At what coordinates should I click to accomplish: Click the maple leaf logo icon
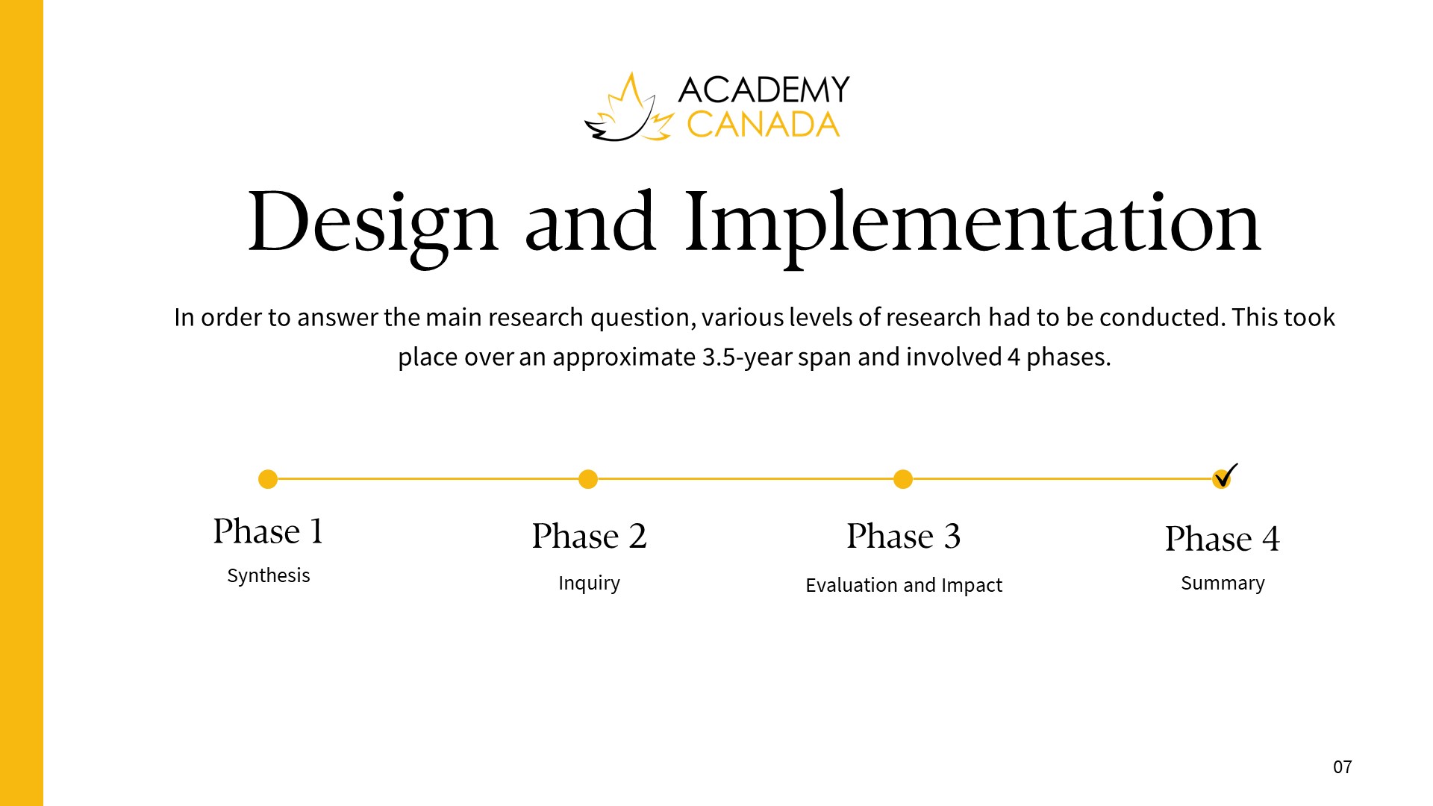(629, 108)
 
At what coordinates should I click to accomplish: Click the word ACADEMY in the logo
(764, 90)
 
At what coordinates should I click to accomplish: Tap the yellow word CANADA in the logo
(763, 125)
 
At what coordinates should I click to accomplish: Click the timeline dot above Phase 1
(268, 479)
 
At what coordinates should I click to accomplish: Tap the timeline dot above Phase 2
(588, 479)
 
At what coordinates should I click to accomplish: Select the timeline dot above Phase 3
(903, 479)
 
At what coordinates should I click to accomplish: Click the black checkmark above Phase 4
(1226, 475)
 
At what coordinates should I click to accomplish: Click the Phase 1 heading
(268, 531)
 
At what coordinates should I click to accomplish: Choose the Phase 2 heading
(589, 536)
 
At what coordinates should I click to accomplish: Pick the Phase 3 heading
(904, 536)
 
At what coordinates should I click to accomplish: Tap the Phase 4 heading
(1223, 539)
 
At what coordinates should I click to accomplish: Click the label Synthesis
(269, 576)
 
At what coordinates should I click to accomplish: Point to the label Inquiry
(589, 583)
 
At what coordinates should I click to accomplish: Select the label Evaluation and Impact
(904, 585)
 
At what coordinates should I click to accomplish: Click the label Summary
(1223, 583)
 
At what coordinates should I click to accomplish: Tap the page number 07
(1343, 767)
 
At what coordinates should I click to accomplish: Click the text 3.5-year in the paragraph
(746, 357)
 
